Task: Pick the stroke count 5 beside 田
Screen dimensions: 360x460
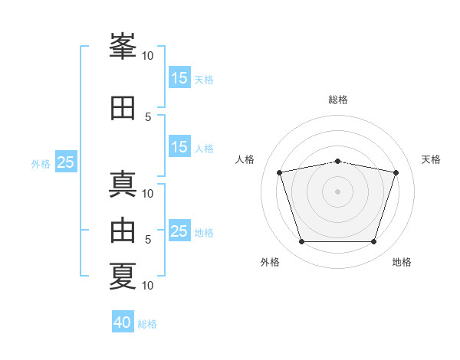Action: [148, 116]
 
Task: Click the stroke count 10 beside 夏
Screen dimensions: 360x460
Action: [148, 286]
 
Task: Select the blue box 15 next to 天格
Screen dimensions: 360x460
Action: [179, 78]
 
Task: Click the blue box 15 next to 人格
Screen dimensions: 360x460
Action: [179, 147]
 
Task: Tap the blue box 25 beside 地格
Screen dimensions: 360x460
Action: [179, 231]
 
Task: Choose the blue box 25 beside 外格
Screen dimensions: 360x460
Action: [66, 162]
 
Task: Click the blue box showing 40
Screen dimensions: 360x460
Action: [123, 322]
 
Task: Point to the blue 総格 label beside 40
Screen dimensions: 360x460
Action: [147, 324]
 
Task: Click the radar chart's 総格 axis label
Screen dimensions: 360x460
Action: [338, 100]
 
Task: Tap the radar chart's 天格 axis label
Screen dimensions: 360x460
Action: [431, 159]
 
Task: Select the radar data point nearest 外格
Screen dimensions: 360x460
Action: [301, 242]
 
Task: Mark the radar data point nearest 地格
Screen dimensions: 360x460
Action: [373, 242]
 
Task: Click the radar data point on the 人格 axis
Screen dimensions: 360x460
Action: [279, 173]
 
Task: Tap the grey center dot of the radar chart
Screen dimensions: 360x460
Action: [337, 191]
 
